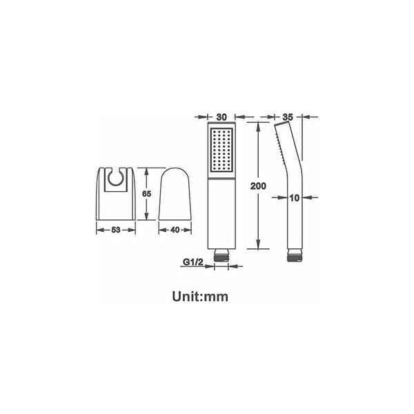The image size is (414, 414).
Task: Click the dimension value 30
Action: (221, 117)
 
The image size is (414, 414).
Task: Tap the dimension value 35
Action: (288, 117)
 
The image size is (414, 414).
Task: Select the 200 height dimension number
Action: (258, 186)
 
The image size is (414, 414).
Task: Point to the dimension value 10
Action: (295, 197)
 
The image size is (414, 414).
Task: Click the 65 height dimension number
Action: (146, 194)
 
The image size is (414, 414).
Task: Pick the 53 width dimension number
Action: (116, 230)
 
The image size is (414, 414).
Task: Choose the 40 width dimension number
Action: (175, 230)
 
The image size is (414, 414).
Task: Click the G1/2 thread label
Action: (193, 262)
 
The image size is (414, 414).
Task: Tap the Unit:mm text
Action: (200, 296)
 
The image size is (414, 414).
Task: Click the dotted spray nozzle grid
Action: (221, 150)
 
